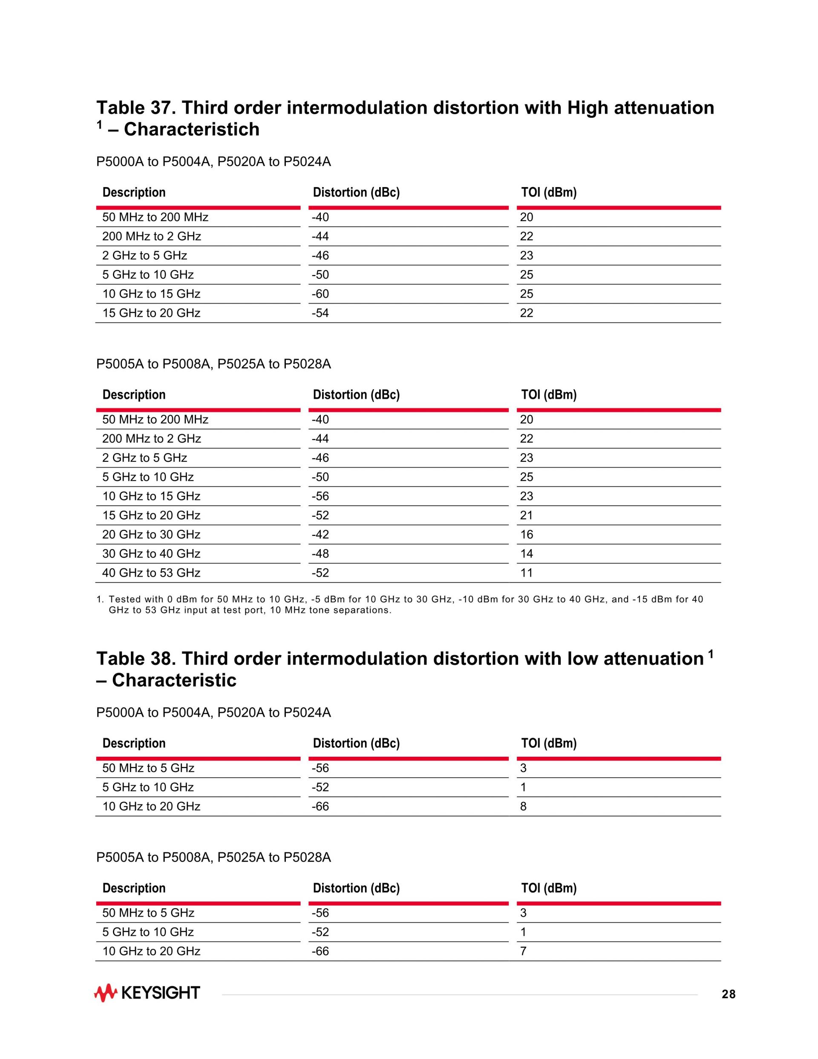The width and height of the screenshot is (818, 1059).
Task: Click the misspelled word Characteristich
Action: pos(191,130)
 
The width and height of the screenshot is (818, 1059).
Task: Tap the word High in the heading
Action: pos(588,107)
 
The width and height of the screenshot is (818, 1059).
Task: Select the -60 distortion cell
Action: pos(320,294)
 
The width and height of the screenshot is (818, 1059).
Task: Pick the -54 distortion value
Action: pos(320,313)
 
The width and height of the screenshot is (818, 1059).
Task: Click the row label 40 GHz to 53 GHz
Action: pos(151,573)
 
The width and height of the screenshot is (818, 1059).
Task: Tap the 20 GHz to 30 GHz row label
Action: pos(151,535)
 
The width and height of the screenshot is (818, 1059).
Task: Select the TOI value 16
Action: pos(526,535)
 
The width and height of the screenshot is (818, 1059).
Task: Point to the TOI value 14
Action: pos(526,554)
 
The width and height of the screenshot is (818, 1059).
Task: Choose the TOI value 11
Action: pos(526,573)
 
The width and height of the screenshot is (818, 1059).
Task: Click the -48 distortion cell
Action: pos(320,554)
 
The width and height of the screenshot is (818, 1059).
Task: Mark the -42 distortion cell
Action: pos(320,535)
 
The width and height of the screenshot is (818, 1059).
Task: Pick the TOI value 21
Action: pos(526,515)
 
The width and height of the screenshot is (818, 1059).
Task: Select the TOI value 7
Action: pos(523,952)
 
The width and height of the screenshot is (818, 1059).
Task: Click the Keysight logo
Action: pos(147,993)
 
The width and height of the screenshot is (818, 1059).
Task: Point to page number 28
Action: pos(729,995)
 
